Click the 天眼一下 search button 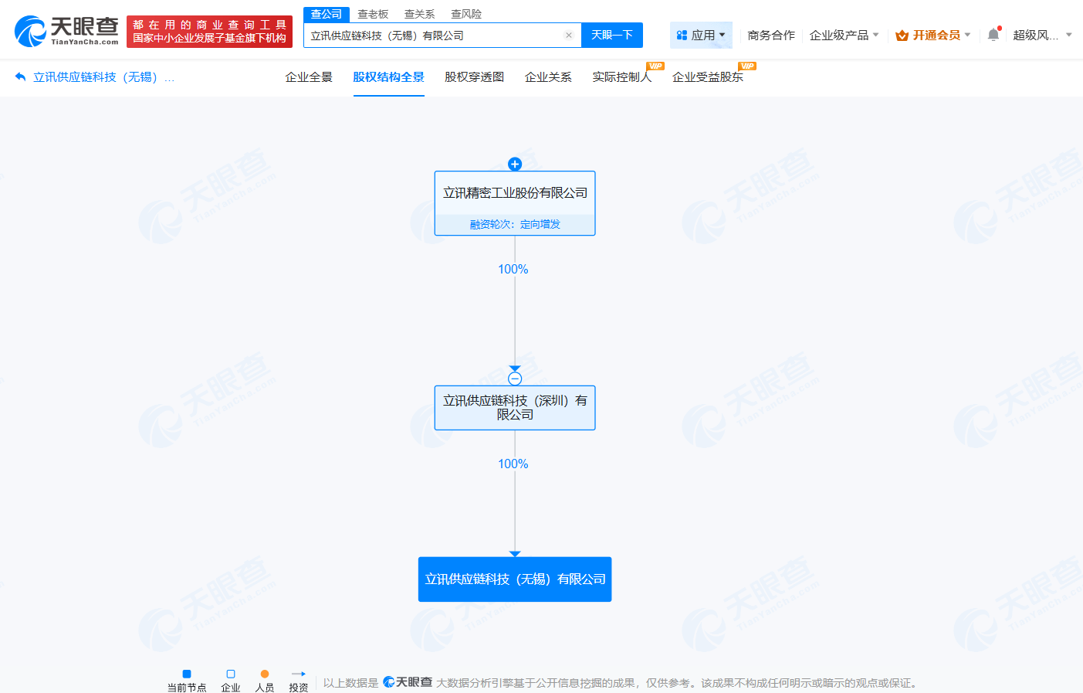pos(611,36)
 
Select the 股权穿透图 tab pos(474,77)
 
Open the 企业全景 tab pos(309,77)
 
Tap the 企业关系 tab pos(548,77)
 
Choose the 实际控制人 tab pos(621,77)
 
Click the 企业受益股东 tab pos(707,77)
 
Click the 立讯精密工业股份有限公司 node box pos(515,193)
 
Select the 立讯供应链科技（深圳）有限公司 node pos(515,407)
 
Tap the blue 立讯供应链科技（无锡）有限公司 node pos(515,579)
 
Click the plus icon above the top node pos(515,164)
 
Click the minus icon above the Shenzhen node pos(515,379)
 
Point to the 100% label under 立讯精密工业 pos(513,269)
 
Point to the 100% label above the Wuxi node pos(513,464)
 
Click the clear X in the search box pos(569,36)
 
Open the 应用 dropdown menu pos(701,36)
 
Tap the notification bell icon pos(993,35)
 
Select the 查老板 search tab pos(373,14)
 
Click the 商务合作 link pos(770,36)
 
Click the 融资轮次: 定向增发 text pos(515,224)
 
